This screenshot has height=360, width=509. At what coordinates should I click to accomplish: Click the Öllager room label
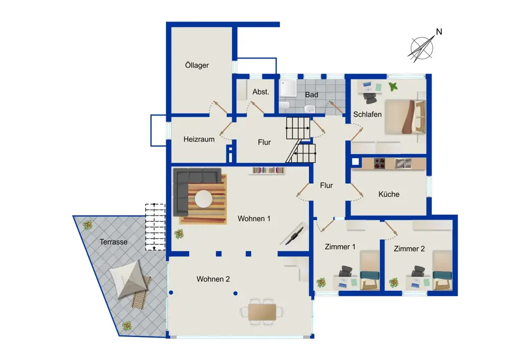coord(196,65)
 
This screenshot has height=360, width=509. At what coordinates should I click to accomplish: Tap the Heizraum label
coord(199,139)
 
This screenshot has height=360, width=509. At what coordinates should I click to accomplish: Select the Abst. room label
coord(261,92)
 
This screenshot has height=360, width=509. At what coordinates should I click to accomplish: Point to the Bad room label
coord(312,95)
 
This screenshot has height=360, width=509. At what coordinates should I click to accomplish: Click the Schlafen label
coord(367,114)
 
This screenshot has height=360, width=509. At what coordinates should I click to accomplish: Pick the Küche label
coord(389,194)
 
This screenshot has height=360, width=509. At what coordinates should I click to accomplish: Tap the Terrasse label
coord(114,242)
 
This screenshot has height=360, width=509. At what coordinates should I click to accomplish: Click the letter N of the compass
coord(439,32)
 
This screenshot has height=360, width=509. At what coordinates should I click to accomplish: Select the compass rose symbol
coord(421,49)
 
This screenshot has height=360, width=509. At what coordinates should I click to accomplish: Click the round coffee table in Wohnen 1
coord(204,199)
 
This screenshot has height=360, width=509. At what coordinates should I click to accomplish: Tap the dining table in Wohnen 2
coord(262,312)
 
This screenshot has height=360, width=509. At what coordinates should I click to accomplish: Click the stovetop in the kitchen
coord(379,163)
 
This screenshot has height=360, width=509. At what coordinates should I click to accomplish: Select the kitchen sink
coord(403,163)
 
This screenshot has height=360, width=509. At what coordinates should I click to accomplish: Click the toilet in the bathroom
coord(285,105)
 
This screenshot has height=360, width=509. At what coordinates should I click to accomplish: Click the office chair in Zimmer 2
coord(417,272)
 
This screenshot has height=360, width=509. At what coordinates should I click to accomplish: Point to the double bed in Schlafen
coord(405,117)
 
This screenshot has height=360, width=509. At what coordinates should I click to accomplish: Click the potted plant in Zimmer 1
coord(321,283)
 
